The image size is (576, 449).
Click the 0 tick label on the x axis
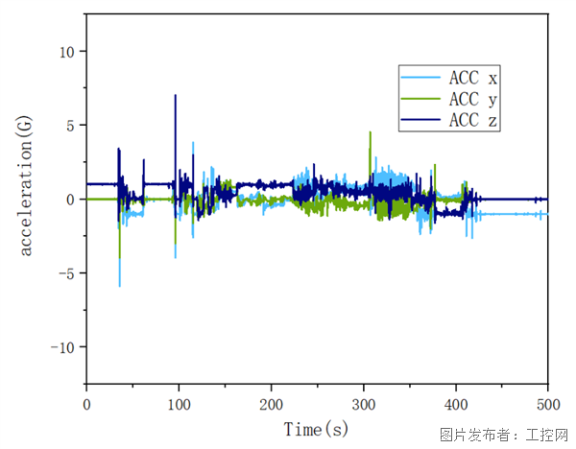(86, 403)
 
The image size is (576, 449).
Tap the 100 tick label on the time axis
(179, 403)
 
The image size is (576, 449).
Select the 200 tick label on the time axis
(271, 403)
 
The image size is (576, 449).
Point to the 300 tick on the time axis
(363, 403)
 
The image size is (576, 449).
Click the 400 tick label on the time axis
(455, 403)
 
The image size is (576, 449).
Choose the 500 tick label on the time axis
(547, 403)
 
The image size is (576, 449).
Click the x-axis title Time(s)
(317, 429)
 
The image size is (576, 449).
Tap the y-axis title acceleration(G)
(26, 199)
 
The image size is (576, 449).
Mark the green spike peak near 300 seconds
(370, 133)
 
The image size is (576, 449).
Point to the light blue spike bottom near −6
(120, 285)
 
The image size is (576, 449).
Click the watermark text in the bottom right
(502, 435)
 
